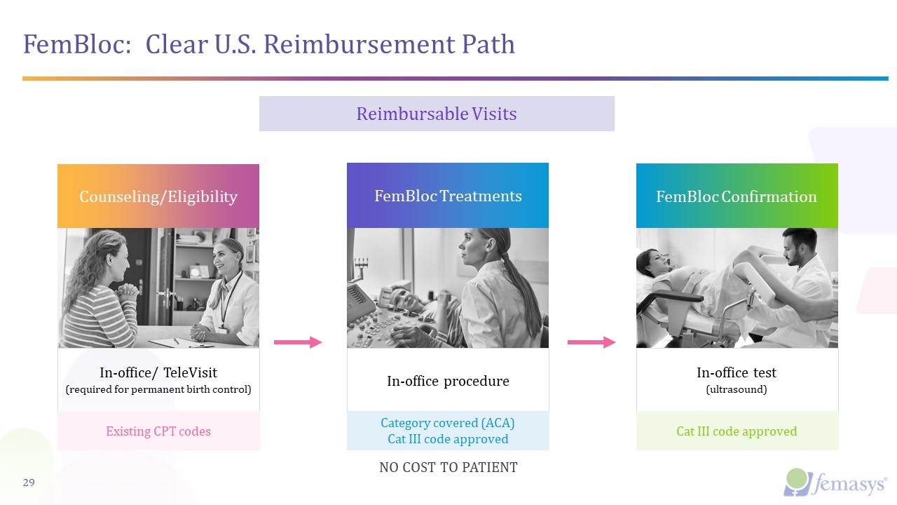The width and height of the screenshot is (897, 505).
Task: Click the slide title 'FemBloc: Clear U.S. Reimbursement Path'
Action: (x=269, y=44)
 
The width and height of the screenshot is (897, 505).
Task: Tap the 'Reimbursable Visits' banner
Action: (x=436, y=114)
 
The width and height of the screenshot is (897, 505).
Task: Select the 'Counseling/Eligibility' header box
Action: (x=158, y=196)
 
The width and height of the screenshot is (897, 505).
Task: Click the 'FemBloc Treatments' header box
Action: (x=448, y=196)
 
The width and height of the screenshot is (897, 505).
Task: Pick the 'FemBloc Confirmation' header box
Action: (x=736, y=196)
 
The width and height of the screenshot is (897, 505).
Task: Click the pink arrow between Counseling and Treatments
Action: (x=297, y=342)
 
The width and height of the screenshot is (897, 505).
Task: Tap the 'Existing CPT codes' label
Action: (x=158, y=431)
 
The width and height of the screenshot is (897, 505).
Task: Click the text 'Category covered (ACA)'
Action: (x=448, y=423)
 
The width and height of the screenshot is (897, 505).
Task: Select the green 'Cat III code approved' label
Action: (x=737, y=431)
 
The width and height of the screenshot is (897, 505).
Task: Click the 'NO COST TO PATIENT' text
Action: (x=448, y=467)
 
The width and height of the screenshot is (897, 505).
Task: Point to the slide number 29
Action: (x=29, y=483)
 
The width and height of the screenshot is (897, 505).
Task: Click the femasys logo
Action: (x=835, y=482)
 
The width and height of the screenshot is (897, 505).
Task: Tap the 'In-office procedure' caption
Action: (x=448, y=381)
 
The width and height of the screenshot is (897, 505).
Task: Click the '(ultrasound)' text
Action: (x=737, y=389)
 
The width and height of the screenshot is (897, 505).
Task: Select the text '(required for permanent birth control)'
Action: (x=158, y=389)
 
